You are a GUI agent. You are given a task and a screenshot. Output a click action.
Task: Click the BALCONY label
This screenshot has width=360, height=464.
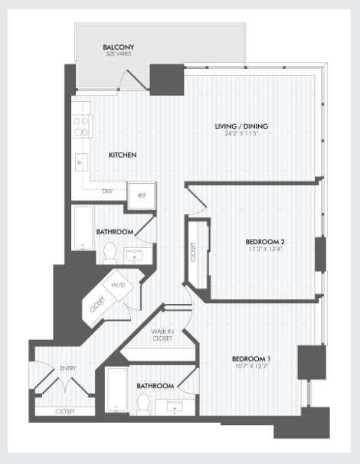[119, 47]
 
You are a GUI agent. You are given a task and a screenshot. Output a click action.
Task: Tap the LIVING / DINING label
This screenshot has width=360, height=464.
[241, 126]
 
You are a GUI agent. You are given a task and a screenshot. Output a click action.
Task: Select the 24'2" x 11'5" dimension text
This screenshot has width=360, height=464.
[241, 133]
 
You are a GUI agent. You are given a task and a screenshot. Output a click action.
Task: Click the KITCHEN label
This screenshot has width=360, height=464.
[123, 155]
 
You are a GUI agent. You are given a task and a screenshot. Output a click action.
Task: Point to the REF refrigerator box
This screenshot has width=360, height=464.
[142, 195]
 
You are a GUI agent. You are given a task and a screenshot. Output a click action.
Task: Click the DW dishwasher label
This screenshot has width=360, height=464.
[108, 191]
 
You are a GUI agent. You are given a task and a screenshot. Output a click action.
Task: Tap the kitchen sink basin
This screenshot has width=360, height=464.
[81, 162]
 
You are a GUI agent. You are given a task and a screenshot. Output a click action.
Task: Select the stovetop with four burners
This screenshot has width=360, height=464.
[82, 126]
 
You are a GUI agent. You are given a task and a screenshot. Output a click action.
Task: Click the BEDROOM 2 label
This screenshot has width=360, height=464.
[265, 242]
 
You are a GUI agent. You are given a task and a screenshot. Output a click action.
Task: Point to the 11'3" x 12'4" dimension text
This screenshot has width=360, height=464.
[265, 249]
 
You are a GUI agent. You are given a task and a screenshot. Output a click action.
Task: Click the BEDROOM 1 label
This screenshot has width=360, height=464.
[251, 358]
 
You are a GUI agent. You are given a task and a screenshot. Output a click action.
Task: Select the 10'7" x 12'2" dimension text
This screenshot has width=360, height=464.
[251, 366]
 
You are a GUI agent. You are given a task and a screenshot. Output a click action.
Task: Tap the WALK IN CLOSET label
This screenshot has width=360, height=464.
[162, 335]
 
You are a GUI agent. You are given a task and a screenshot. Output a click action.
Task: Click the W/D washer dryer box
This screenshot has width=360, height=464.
[118, 286]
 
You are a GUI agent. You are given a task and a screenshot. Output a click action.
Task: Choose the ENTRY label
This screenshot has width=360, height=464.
[68, 368]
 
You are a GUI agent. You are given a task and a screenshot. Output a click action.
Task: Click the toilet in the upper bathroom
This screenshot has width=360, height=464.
[110, 253]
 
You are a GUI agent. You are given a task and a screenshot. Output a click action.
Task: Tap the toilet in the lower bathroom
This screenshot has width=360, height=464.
[144, 404]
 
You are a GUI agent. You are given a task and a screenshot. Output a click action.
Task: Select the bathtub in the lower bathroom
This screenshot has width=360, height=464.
[117, 390]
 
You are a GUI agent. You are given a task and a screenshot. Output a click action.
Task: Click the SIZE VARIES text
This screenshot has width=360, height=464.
[119, 54]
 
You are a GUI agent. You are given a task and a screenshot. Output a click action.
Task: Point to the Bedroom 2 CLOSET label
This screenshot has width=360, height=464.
[193, 252]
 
